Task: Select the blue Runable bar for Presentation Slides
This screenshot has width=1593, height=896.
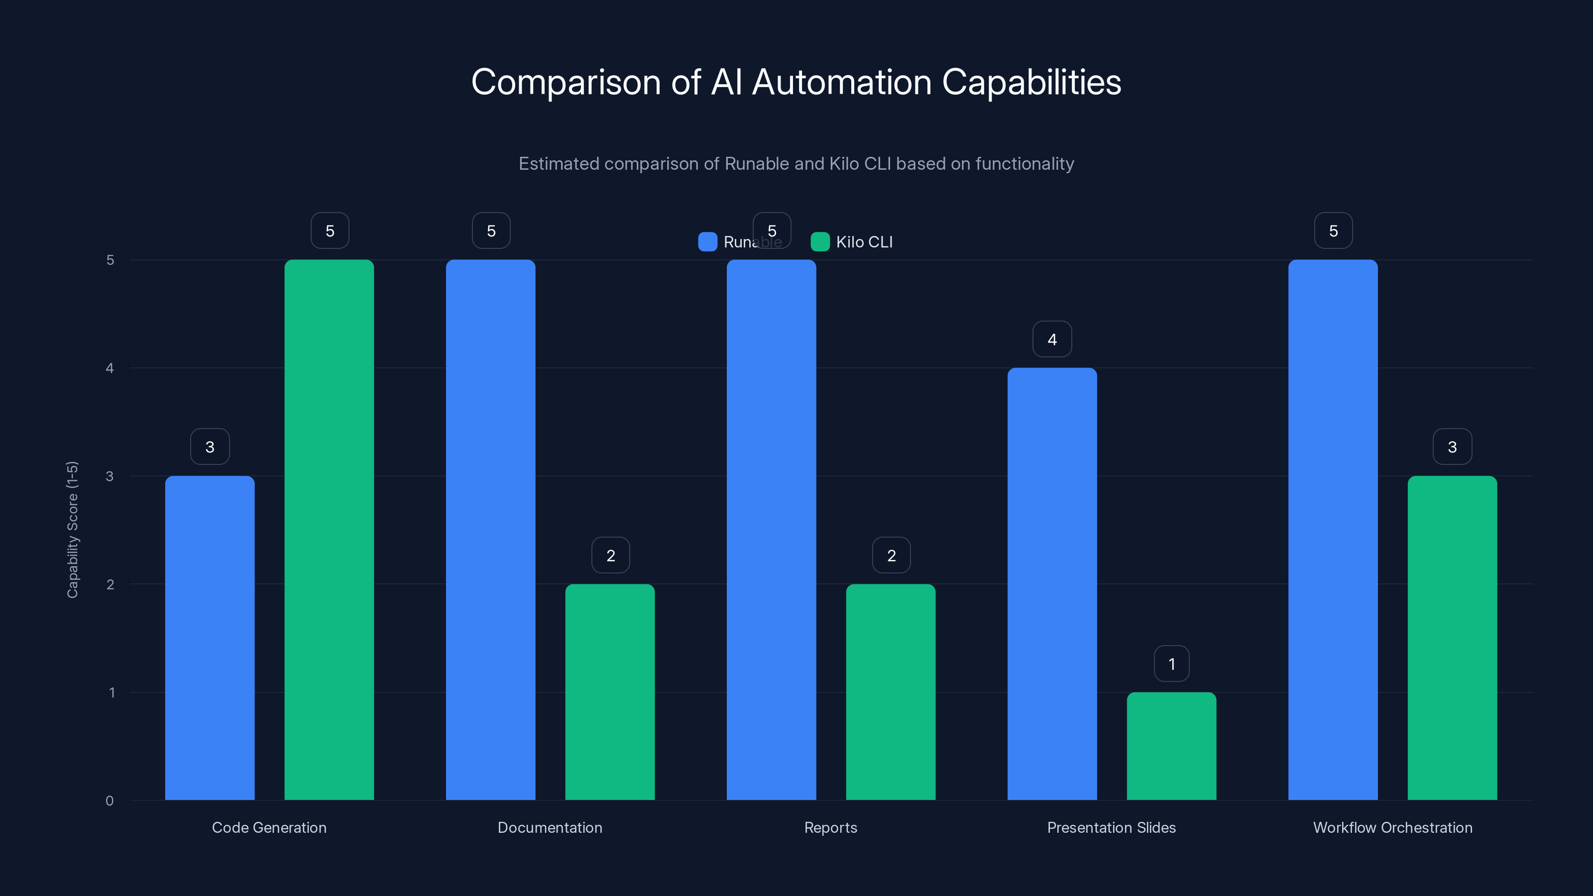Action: pos(1052,584)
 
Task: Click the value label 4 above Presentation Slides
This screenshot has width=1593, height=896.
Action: pos(1052,339)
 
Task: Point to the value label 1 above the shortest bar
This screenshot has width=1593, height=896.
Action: pos(1171,664)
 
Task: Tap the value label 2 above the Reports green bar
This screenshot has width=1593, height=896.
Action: pos(891,556)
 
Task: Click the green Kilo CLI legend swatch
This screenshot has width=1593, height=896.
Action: pos(820,242)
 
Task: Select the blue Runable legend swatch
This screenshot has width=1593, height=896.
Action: pos(707,242)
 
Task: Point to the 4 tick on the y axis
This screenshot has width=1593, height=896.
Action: pos(110,368)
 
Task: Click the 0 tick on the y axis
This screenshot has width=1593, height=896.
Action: pos(110,801)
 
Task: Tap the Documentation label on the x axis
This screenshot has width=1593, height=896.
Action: pos(550,827)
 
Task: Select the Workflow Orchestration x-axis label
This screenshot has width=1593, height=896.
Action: pos(1393,827)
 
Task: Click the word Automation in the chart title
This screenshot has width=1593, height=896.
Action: pos(842,82)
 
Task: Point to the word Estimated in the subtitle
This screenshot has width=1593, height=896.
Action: pos(559,164)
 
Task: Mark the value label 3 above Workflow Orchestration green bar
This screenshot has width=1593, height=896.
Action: pos(1452,447)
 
